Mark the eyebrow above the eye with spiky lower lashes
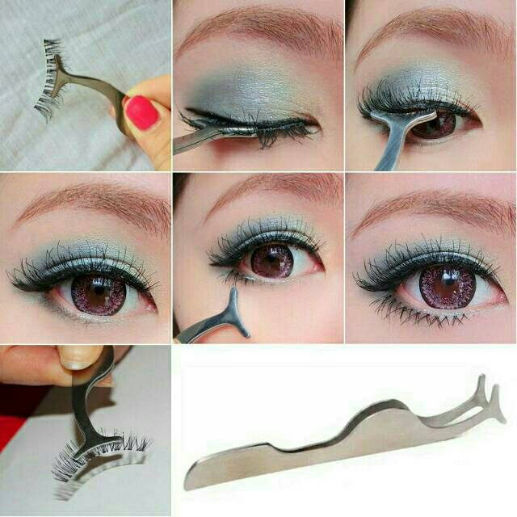point(432,206)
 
